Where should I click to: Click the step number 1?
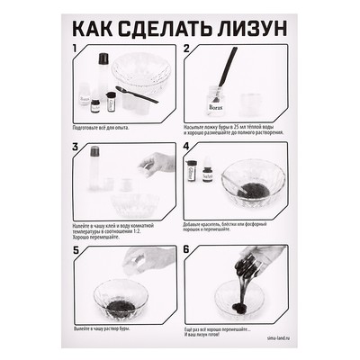coord(75,50)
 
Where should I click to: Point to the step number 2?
coord(186,50)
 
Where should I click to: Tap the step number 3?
coord(75,148)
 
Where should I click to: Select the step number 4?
coord(186,148)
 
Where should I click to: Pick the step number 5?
coord(75,248)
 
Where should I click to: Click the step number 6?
coord(186,248)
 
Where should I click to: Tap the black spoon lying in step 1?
coord(136,95)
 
